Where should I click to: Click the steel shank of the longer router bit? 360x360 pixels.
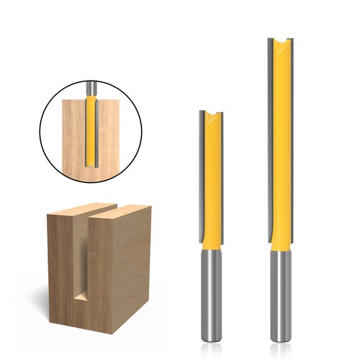pyautogui.click(x=279, y=295)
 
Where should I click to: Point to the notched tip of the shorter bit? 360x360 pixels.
pyautogui.click(x=212, y=115)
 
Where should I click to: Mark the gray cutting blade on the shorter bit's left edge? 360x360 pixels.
pyautogui.click(x=202, y=180)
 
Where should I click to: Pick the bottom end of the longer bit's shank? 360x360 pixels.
pyautogui.click(x=279, y=338)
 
